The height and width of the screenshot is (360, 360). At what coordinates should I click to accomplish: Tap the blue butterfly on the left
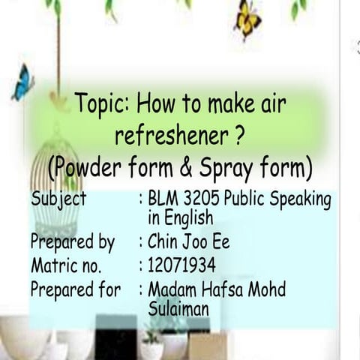coord(22,82)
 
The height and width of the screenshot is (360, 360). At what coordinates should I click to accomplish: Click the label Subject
coord(59,199)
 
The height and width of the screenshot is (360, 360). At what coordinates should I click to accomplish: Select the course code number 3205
coord(199,199)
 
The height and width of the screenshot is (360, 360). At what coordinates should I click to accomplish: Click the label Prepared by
coord(73,242)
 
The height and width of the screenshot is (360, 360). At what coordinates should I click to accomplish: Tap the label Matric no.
coord(67,265)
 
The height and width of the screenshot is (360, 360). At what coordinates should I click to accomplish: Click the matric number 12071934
coord(182,265)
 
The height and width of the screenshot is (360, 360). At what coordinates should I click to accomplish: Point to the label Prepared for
coord(75,289)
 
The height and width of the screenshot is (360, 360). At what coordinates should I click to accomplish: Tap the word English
coord(188,219)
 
